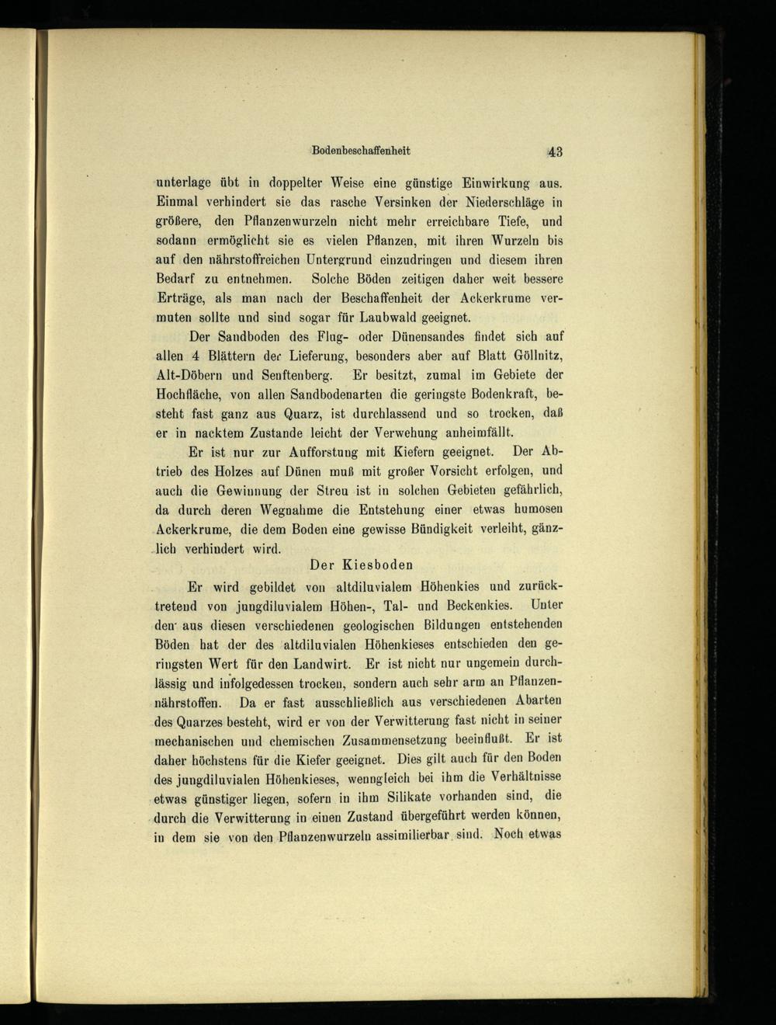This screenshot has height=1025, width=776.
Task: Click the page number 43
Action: tap(554, 151)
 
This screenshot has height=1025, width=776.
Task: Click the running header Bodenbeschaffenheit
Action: tap(361, 151)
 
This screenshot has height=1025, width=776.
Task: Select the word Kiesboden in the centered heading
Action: tap(378, 565)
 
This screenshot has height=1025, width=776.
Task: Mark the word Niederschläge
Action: tap(501, 203)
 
